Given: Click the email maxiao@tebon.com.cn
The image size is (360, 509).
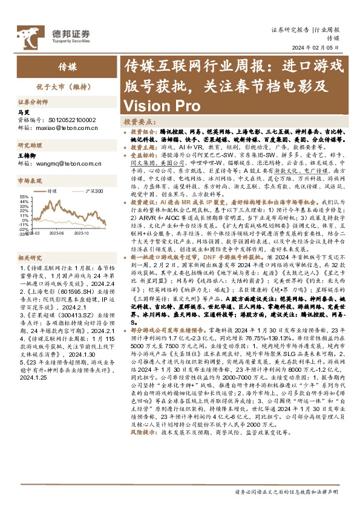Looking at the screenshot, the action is pos(68,127).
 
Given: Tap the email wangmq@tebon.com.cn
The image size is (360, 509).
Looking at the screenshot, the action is pos(70,163).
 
